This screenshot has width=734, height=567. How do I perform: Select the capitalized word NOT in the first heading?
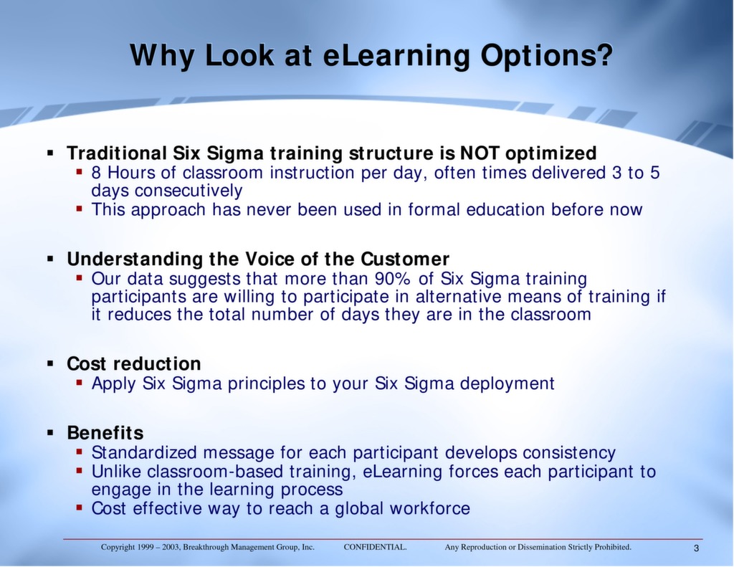tap(480, 153)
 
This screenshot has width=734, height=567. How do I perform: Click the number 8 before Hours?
tap(97, 173)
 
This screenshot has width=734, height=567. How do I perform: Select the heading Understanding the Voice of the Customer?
tap(258, 259)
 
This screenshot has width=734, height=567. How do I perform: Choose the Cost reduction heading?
tap(134, 363)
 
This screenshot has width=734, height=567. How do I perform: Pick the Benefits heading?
tap(105, 433)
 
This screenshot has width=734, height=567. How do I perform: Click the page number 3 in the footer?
tap(696, 548)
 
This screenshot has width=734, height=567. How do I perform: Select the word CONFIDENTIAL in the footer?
tap(375, 548)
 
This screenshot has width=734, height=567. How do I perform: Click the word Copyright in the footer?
tap(117, 548)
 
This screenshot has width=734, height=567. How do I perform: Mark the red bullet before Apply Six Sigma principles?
tap(80, 383)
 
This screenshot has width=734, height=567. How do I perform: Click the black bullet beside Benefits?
tap(51, 432)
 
